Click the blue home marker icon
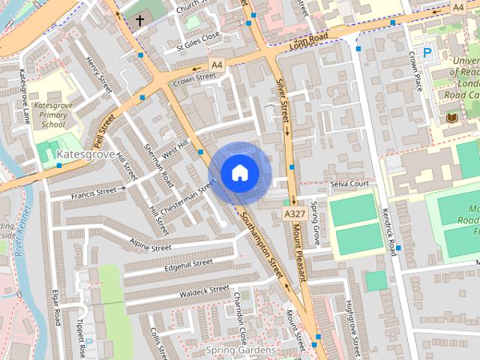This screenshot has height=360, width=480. [238, 172]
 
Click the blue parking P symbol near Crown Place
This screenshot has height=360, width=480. [427, 52]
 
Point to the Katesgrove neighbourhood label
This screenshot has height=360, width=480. [85, 154]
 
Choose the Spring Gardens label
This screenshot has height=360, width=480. [241, 350]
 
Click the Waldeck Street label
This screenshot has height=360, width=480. [199, 291]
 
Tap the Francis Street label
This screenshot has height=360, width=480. [94, 193]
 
